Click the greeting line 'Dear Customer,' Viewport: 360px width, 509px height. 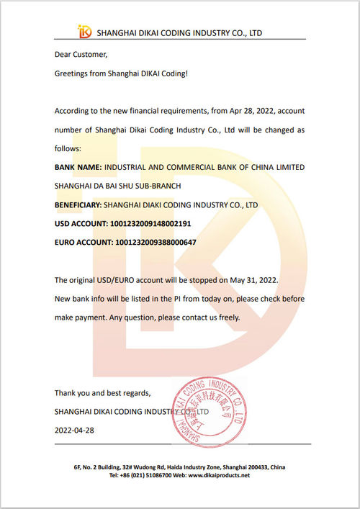pos(81,55)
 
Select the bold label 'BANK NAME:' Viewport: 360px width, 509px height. pos(78,167)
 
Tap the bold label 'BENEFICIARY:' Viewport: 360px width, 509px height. pos(81,205)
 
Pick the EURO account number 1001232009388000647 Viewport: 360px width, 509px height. pos(156,243)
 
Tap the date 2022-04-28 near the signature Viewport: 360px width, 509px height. pos(75,430)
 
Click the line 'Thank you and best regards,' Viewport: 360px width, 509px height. pos(103,393)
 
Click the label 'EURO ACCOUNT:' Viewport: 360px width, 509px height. pos(84,243)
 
